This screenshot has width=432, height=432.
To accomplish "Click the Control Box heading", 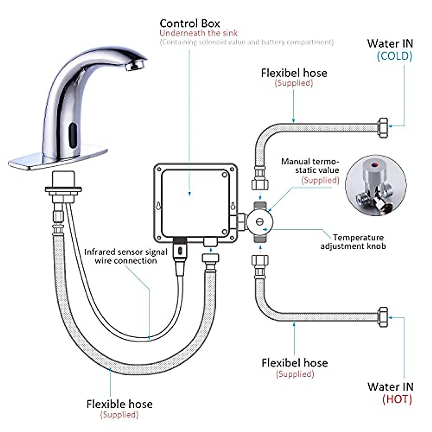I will [x=190, y=24].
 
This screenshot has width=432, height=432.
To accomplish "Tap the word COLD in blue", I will [x=394, y=56].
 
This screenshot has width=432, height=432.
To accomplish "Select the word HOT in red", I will [x=397, y=399].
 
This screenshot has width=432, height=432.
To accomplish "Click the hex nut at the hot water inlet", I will [x=383, y=317].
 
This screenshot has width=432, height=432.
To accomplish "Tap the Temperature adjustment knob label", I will [x=353, y=242].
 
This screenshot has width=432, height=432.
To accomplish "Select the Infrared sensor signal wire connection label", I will [x=126, y=256].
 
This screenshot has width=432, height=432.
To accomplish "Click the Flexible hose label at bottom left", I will [x=120, y=404].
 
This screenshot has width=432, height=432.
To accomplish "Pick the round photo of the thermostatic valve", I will [x=375, y=186].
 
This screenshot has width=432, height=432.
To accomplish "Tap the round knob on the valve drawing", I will [x=259, y=221].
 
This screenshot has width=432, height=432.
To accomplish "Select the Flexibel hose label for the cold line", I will [x=294, y=73].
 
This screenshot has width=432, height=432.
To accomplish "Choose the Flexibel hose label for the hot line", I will [x=294, y=363].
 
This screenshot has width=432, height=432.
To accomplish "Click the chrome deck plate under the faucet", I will [x=58, y=156].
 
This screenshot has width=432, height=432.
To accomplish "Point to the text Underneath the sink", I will [x=198, y=33].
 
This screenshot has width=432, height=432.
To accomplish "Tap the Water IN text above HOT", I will [x=390, y=387].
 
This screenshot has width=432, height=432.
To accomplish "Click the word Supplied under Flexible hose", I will [x=119, y=415].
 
